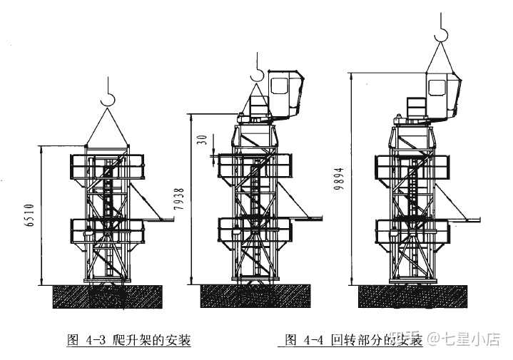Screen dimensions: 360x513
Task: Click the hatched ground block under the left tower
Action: (108, 296)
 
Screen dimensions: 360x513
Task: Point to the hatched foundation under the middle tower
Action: (257, 296)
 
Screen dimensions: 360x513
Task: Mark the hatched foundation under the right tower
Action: (412, 296)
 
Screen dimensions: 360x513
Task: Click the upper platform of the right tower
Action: (412, 166)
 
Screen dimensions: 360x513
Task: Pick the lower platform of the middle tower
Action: (256, 231)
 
